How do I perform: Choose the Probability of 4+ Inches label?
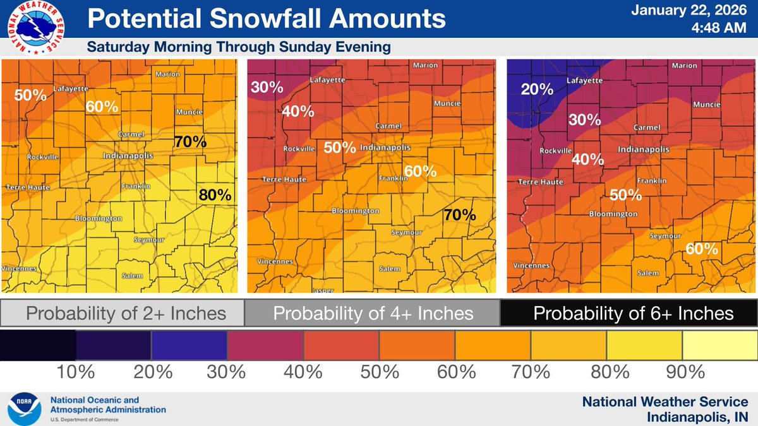(373, 313)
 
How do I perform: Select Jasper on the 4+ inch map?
(323, 290)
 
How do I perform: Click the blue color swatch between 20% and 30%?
(189, 345)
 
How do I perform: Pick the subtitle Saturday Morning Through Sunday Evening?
(238, 47)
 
